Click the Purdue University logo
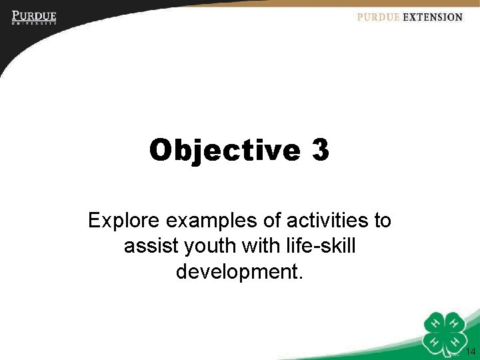33,17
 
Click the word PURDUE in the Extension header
378,17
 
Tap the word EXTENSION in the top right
433,17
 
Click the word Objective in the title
225,151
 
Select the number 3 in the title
319,151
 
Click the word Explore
120,220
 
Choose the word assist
147,247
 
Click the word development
237,273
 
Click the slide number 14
471,352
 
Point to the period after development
301,277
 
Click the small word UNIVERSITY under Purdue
33,23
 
